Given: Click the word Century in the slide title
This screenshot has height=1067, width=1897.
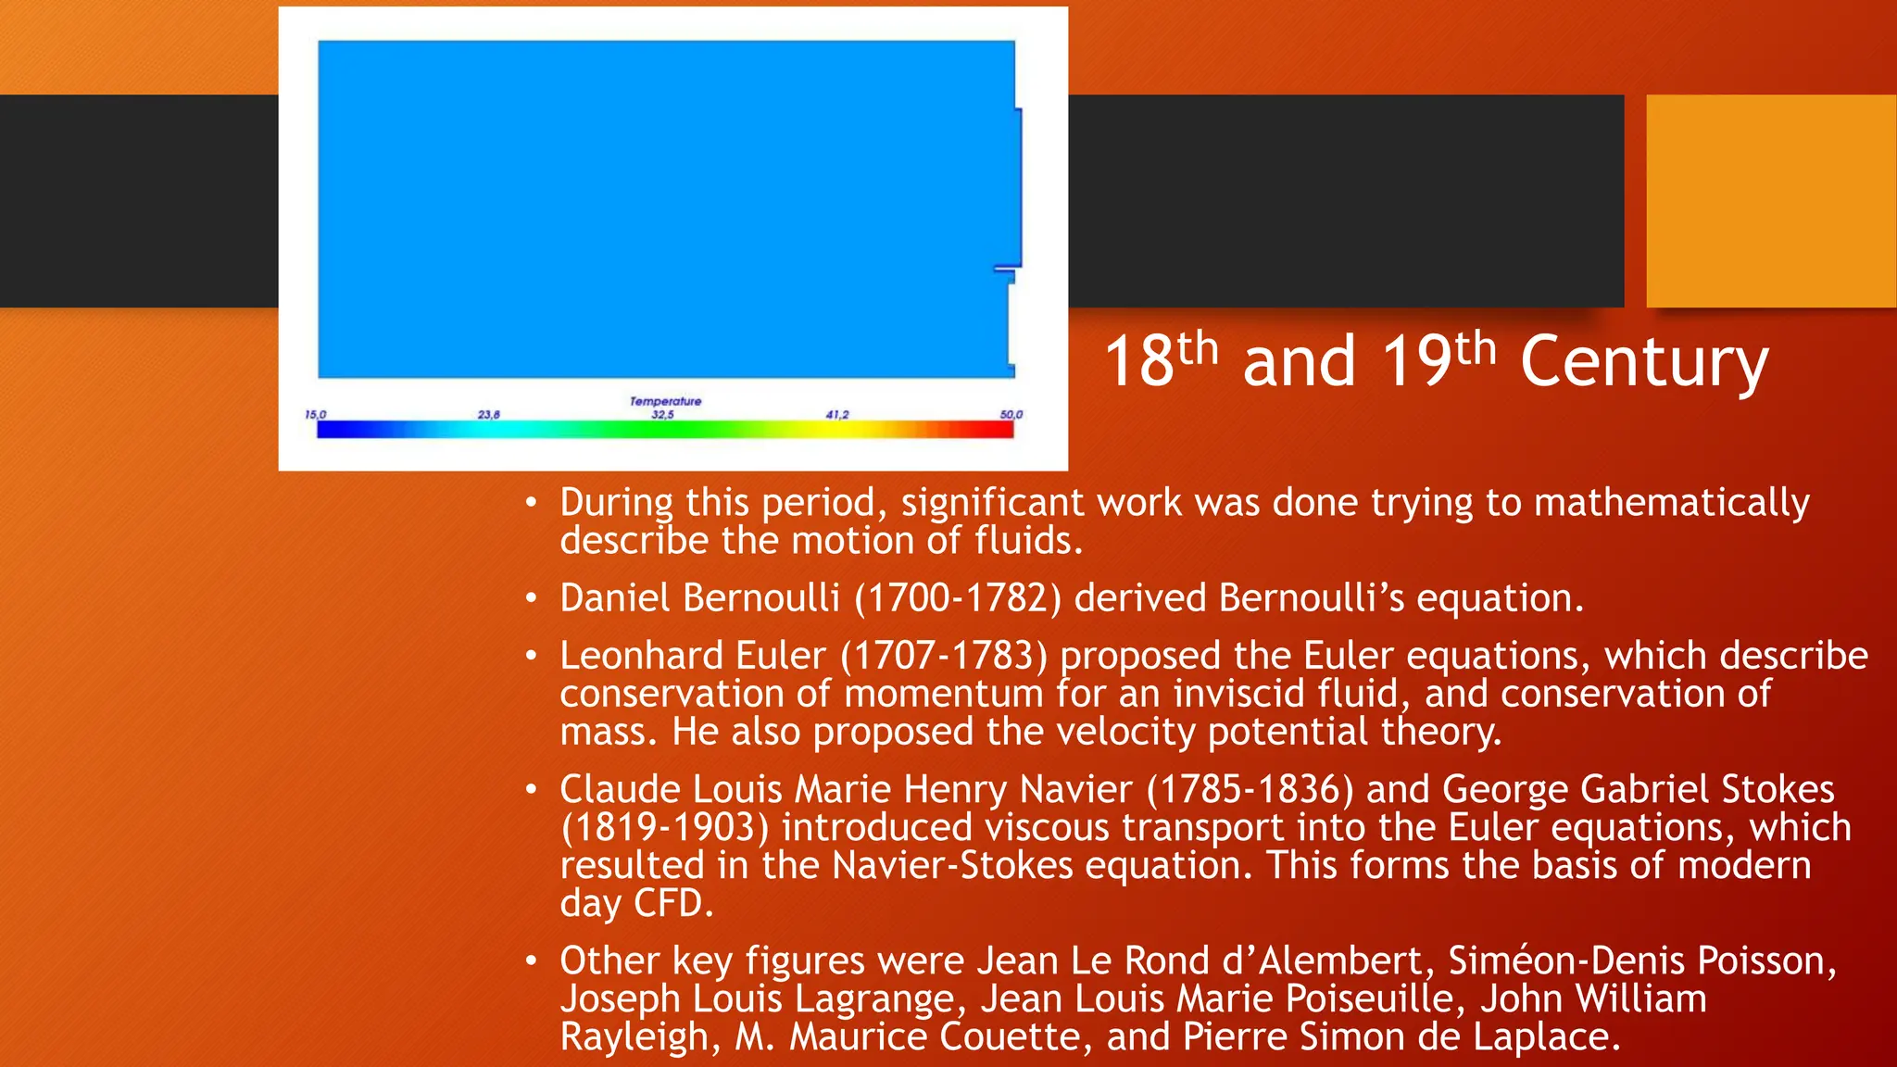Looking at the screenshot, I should point(1644,362).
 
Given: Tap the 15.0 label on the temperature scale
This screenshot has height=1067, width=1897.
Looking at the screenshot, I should point(316,415).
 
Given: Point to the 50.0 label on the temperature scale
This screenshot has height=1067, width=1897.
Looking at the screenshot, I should point(1011,415).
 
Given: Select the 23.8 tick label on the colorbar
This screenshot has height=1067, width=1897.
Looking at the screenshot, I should point(489,415).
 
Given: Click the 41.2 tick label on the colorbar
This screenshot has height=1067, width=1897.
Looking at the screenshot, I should point(837,415).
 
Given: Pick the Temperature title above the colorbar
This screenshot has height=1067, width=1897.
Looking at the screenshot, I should point(665,401).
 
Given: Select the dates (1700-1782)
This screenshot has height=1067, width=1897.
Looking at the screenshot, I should point(957,598).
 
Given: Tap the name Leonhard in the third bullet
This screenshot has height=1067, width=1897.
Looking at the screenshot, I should point(640,656).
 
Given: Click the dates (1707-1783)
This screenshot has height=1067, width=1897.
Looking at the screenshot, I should point(944,656).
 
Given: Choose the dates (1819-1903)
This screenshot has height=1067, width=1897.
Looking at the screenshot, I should point(665,827).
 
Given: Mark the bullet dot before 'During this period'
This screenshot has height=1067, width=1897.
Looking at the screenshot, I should point(531,503).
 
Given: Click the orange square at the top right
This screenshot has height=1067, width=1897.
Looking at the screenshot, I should point(1771,200).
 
